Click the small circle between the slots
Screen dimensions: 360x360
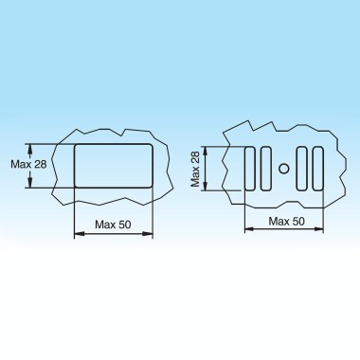pos(284,169)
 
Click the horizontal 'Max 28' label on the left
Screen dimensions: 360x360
pos(28,164)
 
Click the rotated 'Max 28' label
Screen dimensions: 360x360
pos(195,169)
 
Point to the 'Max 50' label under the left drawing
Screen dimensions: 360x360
pos(113,225)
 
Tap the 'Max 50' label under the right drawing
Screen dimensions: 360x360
pos(287,221)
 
